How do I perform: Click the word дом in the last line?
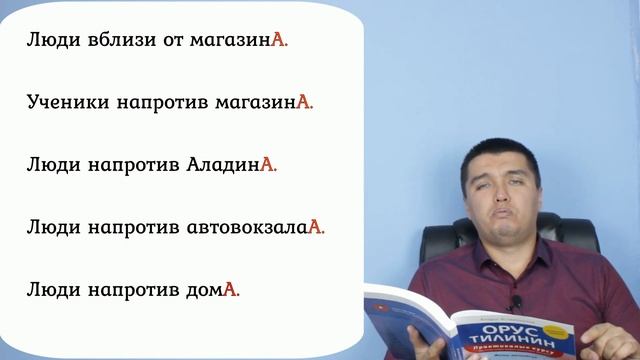click(x=203, y=289)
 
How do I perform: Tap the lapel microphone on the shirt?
click(x=517, y=301)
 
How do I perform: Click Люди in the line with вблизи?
click(x=45, y=42)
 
